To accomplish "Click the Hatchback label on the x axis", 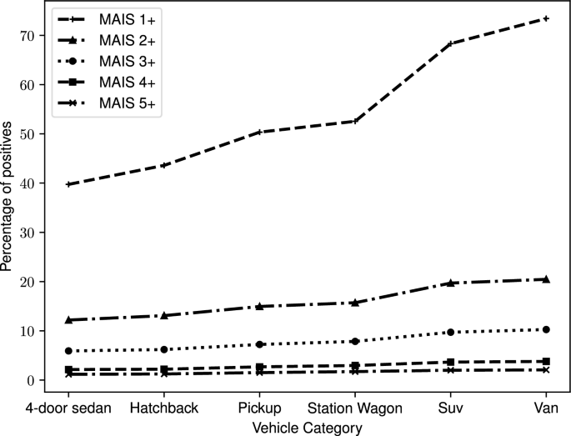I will click(x=164, y=408).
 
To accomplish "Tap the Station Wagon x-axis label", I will click(x=356, y=408).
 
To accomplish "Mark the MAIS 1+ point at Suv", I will click(x=451, y=43).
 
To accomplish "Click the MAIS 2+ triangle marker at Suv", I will click(x=451, y=283).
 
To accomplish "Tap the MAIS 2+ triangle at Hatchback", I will click(x=164, y=315).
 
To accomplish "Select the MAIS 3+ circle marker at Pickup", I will click(x=259, y=344).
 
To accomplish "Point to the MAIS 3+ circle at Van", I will click(x=546, y=329).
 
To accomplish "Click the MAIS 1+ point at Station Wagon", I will click(x=355, y=121).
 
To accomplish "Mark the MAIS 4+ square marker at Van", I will click(x=546, y=361).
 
